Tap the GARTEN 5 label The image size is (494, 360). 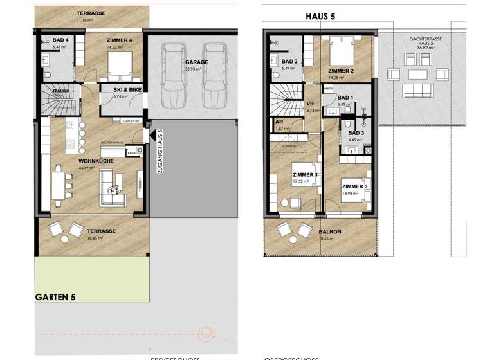pyautogui.click(x=56, y=297)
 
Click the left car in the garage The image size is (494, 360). pyautogui.click(x=172, y=76)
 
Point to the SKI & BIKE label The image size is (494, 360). pyautogui.click(x=127, y=90)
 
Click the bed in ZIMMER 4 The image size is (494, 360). pyautogui.click(x=120, y=66)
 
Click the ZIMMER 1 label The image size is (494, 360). pyautogui.click(x=304, y=175)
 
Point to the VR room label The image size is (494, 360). pyautogui.click(x=310, y=104)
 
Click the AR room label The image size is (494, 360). pyautogui.click(x=279, y=122)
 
